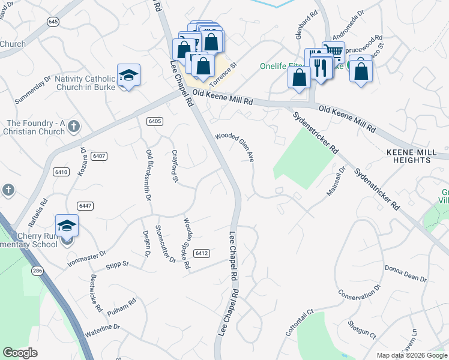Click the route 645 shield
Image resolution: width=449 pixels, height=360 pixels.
coord(53,22)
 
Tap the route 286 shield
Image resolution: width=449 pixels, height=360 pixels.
coord(37,271)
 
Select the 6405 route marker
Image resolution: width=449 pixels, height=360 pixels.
coord(155,121)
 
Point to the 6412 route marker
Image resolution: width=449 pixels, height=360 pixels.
coord(202,253)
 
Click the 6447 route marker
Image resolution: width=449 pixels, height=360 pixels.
coord(85,206)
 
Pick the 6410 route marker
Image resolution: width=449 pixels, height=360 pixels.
coord(60,172)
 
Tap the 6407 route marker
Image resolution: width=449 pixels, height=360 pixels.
coord(100,156)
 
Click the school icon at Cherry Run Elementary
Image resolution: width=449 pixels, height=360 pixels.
coord(67,226)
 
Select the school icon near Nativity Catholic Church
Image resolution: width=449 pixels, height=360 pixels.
coord(128,75)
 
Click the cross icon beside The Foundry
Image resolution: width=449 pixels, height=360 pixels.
coord(73,127)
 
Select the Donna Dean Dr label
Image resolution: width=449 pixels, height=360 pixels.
coord(405,274)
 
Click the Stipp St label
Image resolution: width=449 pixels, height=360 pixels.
coord(117,263)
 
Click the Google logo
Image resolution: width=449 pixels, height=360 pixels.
coord(20,353)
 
